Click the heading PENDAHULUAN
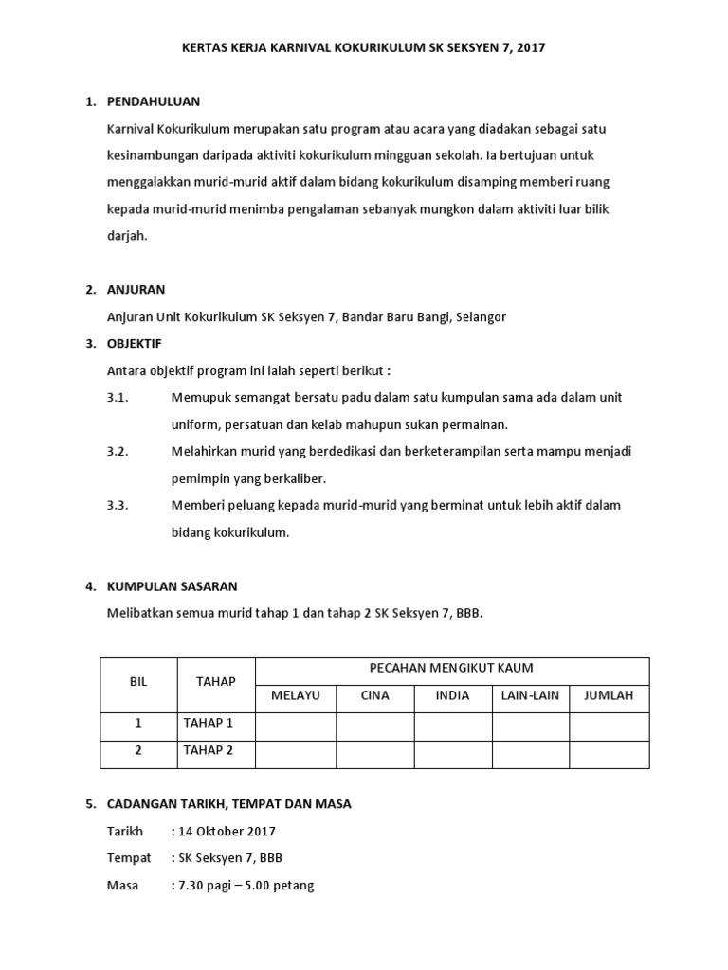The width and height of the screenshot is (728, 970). [x=154, y=101]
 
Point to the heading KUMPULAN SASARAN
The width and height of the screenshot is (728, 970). [x=173, y=586]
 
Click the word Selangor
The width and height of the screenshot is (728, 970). [x=481, y=316]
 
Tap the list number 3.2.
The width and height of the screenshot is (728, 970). [x=118, y=451]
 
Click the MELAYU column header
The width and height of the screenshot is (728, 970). [x=296, y=695]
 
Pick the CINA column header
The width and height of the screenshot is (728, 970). [x=375, y=695]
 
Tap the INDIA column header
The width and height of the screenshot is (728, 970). [x=452, y=695]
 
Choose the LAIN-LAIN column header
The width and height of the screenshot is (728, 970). [x=530, y=695]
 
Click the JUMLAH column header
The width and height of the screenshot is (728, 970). [x=609, y=695]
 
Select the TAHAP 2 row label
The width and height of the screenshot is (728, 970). [x=208, y=751]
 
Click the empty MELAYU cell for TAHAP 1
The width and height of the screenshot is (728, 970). [x=296, y=725]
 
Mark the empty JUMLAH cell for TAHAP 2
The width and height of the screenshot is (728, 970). [x=609, y=753]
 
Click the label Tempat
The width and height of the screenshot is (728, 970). [x=129, y=858]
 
